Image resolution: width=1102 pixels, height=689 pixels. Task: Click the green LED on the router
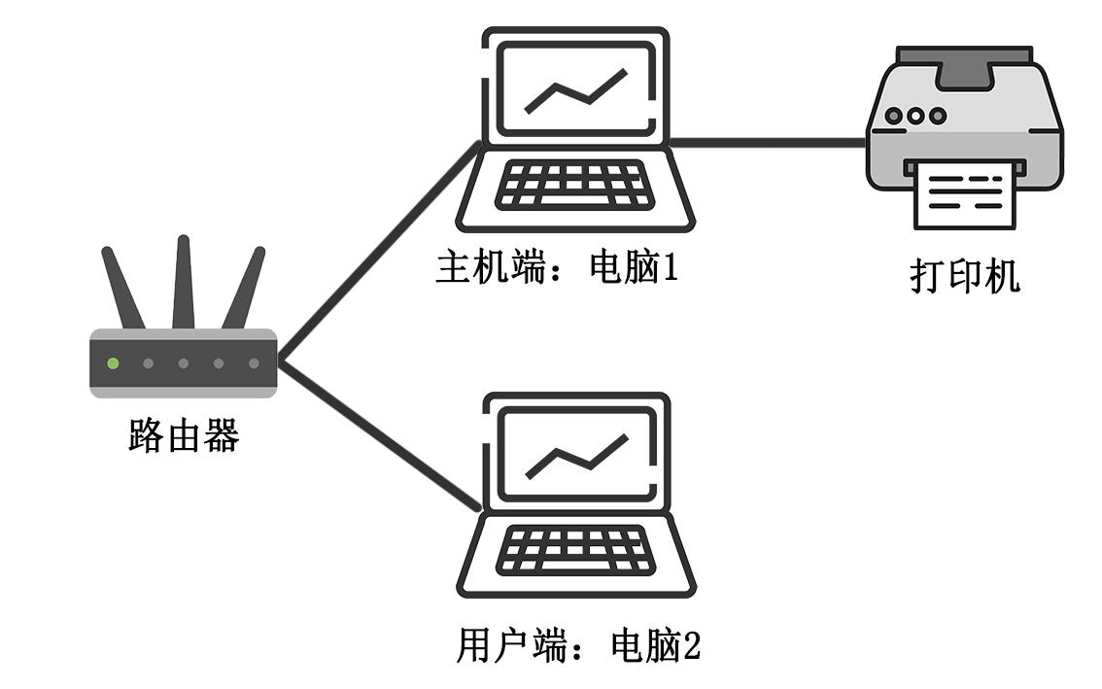[113, 363]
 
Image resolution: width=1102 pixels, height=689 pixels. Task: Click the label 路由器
[184, 436]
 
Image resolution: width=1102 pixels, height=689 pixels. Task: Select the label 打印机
[965, 275]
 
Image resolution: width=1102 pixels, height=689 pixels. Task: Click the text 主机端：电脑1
[555, 267]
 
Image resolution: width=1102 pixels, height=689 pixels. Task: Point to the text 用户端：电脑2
[577, 645]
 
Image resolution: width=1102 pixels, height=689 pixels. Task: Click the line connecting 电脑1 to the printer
[768, 143]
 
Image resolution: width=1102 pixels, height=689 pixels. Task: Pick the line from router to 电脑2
[379, 435]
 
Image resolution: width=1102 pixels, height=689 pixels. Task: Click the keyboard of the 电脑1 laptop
[573, 186]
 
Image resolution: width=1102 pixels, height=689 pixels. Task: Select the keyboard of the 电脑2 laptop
[573, 551]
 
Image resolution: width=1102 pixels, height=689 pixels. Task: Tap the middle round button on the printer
[916, 116]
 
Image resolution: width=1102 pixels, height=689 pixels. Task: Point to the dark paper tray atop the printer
[964, 64]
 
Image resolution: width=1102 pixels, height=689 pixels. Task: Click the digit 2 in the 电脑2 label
[691, 645]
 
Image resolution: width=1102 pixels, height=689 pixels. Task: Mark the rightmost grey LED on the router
[254, 363]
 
